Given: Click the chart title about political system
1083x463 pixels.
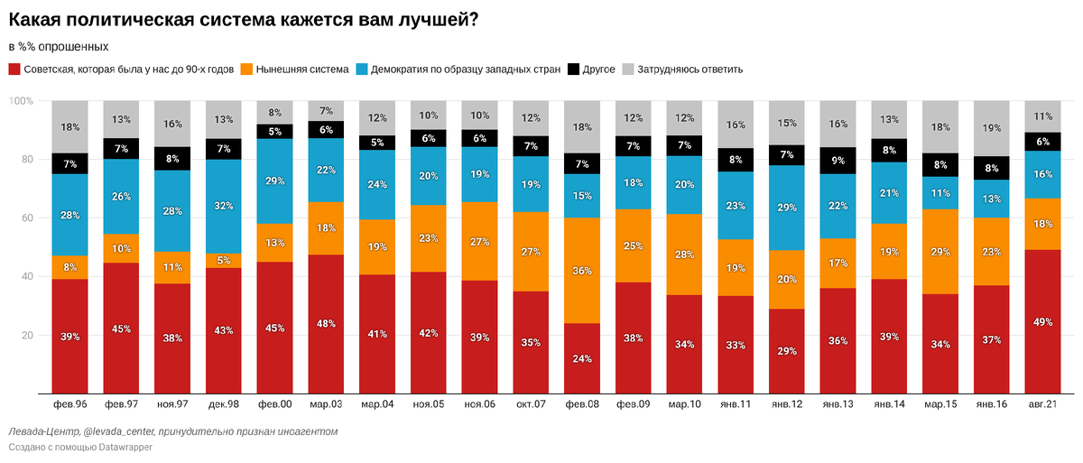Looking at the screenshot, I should (243, 20).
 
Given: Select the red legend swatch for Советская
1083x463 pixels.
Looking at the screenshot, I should (14, 69).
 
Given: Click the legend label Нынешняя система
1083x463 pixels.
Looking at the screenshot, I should (302, 69).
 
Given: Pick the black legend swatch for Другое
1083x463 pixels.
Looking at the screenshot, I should (573, 69).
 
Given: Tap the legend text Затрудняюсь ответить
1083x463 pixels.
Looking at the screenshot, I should (690, 69).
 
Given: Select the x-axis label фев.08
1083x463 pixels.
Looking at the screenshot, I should (583, 405).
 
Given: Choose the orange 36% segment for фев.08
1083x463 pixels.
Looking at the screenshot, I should (583, 270).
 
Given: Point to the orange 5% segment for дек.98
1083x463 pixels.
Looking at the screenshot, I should (224, 261).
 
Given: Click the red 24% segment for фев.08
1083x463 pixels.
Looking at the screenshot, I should (583, 358).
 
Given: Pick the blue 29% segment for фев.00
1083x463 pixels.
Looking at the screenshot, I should (275, 181).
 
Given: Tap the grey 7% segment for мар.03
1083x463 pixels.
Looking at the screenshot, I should (326, 110).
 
